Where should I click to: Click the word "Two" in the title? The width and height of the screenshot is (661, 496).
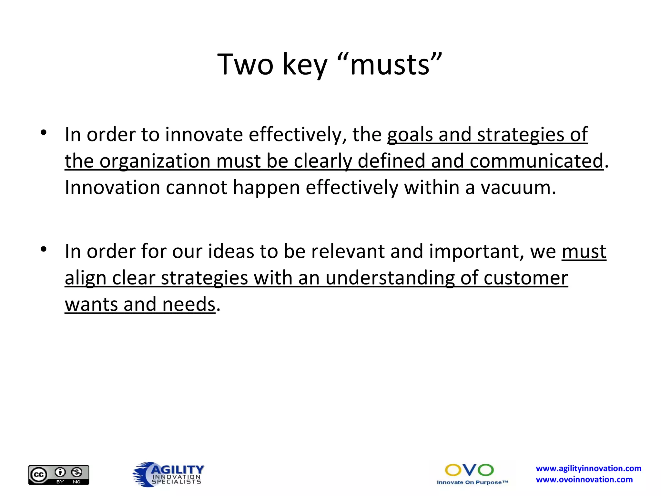[245, 65]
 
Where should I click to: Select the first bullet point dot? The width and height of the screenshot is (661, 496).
[44, 132]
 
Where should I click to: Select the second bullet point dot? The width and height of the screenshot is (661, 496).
[44, 249]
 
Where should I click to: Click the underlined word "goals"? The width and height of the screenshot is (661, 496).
[410, 135]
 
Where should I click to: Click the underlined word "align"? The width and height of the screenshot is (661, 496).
[86, 278]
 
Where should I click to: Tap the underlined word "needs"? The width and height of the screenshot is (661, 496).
[189, 305]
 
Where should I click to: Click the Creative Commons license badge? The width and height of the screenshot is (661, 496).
[59, 475]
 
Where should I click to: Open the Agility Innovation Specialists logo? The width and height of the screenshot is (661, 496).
[168, 474]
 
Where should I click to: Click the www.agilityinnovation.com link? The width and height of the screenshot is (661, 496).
[588, 469]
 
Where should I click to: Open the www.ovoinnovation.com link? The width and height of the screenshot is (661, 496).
[584, 480]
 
